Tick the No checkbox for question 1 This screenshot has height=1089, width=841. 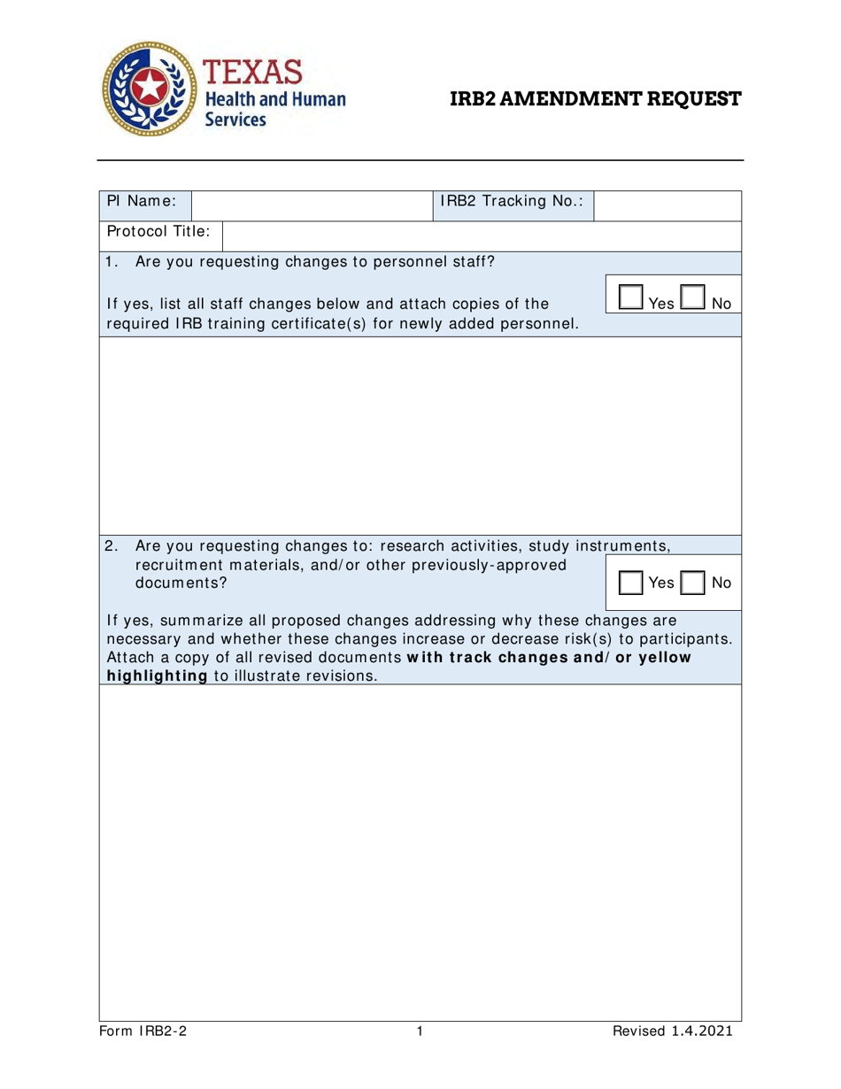pos(693,297)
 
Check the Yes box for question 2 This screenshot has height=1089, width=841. pos(630,582)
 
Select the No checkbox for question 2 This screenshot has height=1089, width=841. pos(693,582)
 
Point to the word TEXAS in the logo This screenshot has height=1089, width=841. pos(254,71)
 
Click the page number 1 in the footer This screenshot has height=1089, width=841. pos(420,1031)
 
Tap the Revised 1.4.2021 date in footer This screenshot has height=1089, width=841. pos(673,1031)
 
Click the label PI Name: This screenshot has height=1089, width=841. pos(142,201)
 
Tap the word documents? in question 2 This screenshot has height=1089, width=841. pos(181,583)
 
